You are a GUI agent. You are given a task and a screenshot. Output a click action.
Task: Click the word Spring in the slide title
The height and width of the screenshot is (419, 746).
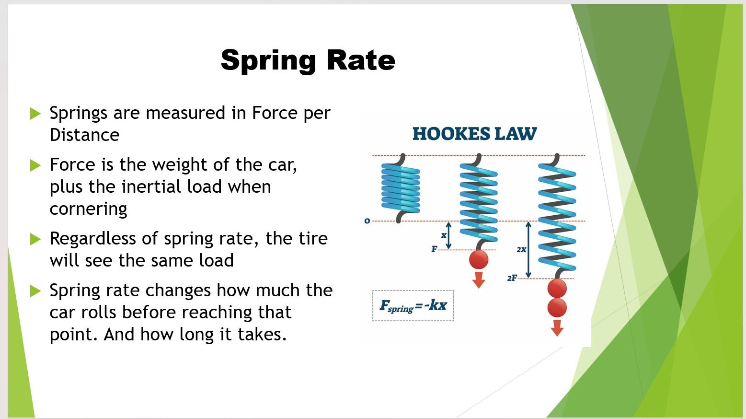268,61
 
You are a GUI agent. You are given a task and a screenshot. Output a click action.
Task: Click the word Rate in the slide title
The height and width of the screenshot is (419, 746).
361,60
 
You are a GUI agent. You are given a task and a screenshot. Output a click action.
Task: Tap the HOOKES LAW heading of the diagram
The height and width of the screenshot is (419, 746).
475,134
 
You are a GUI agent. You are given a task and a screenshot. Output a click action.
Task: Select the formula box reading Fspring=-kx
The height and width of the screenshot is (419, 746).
413,306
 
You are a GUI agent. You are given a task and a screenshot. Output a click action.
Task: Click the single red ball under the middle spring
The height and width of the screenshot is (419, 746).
479,259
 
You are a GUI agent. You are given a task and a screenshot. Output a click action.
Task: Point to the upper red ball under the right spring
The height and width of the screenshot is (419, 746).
557,288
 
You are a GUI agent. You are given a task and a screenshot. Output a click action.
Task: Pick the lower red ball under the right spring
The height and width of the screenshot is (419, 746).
557,307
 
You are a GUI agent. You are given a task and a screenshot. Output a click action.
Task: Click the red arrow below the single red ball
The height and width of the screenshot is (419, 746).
479,280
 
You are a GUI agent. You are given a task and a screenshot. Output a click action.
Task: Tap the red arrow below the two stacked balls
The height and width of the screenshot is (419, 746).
557,328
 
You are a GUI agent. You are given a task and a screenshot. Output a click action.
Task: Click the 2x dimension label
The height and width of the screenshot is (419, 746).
521,249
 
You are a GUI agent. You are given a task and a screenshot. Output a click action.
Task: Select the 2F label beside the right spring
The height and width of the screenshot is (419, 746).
512,278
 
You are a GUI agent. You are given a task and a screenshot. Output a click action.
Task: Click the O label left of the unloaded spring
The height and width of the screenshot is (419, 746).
367,221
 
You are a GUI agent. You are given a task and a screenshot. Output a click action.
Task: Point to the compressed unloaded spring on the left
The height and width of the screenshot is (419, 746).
400,188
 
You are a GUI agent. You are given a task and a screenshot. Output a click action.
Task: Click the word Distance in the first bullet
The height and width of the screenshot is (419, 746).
85,135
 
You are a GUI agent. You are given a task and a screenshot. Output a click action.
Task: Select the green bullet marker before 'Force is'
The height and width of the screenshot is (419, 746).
35,165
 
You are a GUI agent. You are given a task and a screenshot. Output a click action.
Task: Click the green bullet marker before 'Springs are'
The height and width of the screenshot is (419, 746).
35,113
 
